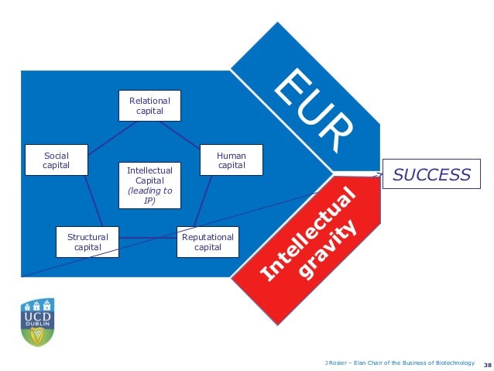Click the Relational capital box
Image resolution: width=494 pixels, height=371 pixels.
(149, 106)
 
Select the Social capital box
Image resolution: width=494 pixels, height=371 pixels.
(56, 160)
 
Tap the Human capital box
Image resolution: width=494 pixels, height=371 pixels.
(232, 160)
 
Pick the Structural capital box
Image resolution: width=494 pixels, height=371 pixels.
(87, 242)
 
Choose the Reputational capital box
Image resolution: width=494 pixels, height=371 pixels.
(208, 242)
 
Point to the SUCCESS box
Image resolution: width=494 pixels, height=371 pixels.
(431, 175)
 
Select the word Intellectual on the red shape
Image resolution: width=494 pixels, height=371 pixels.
(309, 232)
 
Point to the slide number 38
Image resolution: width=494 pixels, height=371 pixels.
(487, 362)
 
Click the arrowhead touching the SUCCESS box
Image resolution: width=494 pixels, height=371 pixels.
(380, 175)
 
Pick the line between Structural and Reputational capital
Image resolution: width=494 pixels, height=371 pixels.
(147, 238)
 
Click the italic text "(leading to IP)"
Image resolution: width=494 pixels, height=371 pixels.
(149, 194)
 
